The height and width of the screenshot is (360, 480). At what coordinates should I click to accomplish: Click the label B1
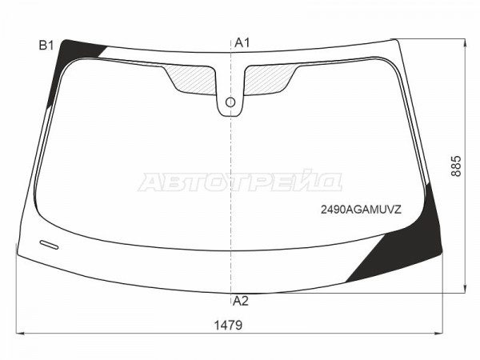tap(46, 46)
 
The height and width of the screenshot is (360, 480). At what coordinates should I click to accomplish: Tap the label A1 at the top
tap(242, 43)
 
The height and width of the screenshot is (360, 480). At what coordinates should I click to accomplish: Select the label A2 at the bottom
tap(241, 302)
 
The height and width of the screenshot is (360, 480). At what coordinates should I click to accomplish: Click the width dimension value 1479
tap(228, 325)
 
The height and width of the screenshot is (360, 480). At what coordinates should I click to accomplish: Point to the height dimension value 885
tap(456, 166)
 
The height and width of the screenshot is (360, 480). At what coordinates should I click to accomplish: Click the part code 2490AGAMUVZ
tap(361, 210)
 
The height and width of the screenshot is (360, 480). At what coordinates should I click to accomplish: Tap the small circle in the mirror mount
tap(230, 102)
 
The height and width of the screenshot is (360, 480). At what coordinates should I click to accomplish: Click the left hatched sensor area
tap(191, 79)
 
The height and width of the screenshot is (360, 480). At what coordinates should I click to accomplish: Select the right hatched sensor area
tap(269, 79)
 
